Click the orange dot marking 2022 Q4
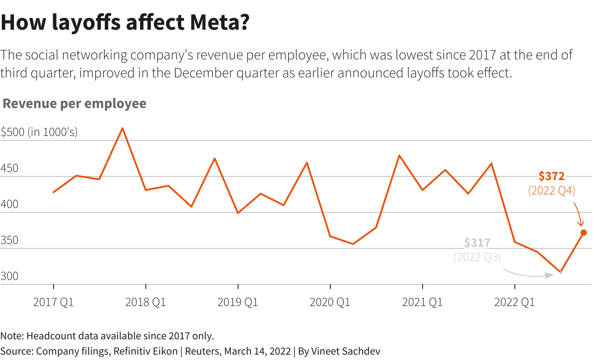pos(584,233)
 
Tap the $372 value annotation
pos(551,176)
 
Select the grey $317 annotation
pos(477,243)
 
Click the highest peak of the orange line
pos(122,128)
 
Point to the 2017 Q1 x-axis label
pos(54,302)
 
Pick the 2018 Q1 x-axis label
pos(145,302)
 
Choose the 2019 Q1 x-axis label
pos(238,302)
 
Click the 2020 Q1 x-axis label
pos(330,302)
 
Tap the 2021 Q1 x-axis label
pos(422,302)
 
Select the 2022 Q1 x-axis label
pos(514,302)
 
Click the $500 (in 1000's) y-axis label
pos(39,132)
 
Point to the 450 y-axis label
pos(9,168)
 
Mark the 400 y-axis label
pos(9,204)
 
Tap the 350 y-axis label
pos(9,240)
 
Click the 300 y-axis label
pos(9,276)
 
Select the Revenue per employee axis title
pos(75,103)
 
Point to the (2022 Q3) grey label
pos(477,257)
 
